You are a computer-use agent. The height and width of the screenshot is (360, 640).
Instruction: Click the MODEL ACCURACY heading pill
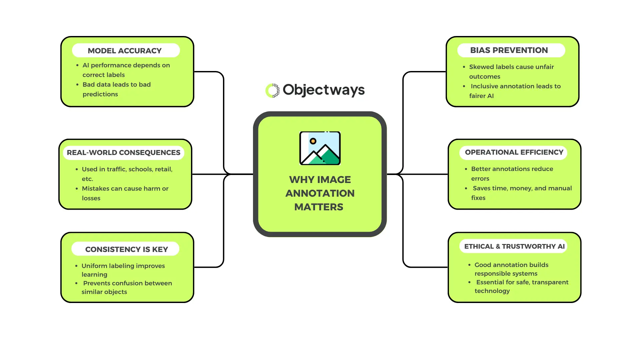pos(126,51)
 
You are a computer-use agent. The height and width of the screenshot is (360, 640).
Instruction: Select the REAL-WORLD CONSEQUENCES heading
pos(123,153)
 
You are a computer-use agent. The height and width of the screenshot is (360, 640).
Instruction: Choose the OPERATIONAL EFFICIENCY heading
pos(513,152)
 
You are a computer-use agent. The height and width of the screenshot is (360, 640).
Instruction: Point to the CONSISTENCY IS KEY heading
pos(126,249)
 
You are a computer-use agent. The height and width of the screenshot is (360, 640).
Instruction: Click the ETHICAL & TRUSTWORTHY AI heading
pos(514,246)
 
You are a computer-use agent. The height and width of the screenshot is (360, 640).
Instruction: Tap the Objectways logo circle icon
pos(272,90)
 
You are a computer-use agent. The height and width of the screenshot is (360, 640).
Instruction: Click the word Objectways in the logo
pos(324,90)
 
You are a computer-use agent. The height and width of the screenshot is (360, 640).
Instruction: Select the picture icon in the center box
pos(320,148)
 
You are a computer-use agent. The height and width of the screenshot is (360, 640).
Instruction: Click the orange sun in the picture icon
pos(313,141)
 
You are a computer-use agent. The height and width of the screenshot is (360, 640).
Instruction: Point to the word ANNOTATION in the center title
pos(320,193)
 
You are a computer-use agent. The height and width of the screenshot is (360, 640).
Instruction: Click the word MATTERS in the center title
pos(318,207)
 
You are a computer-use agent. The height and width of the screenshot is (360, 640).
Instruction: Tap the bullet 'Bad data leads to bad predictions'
pos(116,89)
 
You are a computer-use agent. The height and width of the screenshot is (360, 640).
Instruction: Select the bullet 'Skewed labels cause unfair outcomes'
pos(511,71)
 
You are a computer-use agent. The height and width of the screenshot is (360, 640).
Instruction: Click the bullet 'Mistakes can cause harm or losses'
pos(125,193)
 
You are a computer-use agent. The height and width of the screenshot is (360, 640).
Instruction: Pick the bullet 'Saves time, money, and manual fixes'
pos(522,193)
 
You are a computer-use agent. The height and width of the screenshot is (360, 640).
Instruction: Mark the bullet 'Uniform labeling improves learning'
pos(123,270)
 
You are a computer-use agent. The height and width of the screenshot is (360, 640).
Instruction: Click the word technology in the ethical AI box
pos(492,291)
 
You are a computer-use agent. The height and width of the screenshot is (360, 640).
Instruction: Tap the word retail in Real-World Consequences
pos(163,169)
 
